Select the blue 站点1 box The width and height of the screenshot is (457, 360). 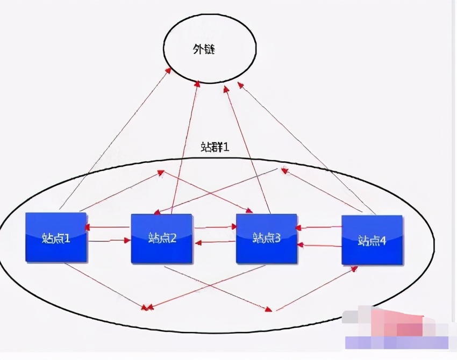click(56, 237)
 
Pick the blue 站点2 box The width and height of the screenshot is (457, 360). click(161, 238)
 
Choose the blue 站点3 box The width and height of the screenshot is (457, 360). click(267, 238)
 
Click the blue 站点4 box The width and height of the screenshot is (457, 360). click(372, 240)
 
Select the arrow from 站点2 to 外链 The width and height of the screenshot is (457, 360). click(185, 145)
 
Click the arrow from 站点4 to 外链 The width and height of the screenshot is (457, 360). click(306, 145)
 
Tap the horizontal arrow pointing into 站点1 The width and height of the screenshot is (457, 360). click(108, 228)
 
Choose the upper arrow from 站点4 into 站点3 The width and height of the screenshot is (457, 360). click(319, 227)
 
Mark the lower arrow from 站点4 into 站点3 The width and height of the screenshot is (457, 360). click(319, 245)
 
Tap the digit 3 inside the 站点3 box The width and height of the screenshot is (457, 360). click(277, 239)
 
